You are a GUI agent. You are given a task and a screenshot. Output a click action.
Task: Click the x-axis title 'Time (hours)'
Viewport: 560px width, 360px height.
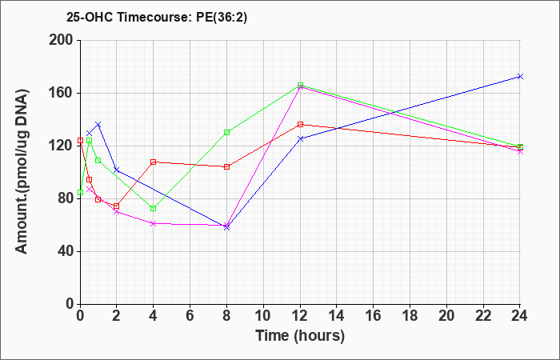[300, 335]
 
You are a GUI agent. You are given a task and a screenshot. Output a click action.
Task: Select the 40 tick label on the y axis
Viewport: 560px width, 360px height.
[64, 251]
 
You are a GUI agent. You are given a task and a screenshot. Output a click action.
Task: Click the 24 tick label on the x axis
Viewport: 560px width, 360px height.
[520, 316]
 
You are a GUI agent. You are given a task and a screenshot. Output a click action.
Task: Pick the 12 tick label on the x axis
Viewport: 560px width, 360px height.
[300, 316]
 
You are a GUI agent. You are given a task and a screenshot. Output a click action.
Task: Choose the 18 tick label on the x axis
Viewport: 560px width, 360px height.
[410, 316]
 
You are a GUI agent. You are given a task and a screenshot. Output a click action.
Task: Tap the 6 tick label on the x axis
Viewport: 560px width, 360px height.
[190, 316]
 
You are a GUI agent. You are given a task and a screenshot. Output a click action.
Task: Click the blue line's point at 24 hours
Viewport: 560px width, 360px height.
[520, 77]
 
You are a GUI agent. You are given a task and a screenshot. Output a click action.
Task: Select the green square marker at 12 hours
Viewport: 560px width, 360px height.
[300, 86]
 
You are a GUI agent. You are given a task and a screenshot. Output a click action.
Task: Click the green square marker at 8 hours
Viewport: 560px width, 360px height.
[227, 132]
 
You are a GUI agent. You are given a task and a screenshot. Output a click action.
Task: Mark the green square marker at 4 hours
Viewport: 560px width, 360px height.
[154, 209]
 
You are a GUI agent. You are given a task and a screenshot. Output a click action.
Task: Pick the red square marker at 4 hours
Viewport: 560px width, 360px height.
[154, 162]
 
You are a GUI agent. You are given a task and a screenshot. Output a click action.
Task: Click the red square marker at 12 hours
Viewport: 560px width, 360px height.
[300, 125]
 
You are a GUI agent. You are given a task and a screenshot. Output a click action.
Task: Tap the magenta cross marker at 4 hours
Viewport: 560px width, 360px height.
[154, 223]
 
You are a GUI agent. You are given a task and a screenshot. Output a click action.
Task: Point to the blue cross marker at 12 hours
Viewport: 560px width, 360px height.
[300, 138]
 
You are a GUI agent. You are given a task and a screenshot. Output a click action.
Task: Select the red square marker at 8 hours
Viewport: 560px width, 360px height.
[227, 166]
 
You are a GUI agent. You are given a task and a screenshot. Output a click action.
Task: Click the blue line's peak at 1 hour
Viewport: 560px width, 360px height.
[98, 124]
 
